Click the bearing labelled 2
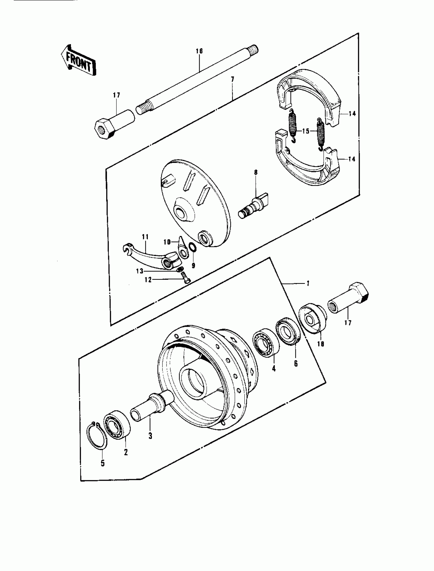coord(117,428)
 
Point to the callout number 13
coord(140,271)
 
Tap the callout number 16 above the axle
coord(199,51)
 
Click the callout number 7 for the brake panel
coord(232,80)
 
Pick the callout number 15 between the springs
coord(306,131)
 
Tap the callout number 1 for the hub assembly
coord(308,283)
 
